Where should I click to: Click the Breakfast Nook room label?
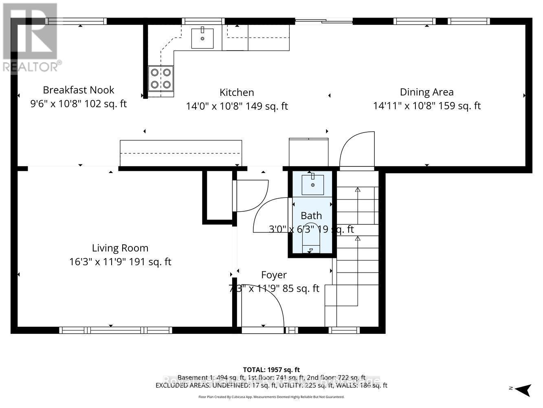click(79, 90)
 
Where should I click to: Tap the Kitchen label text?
click(237, 93)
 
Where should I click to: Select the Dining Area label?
click(426, 92)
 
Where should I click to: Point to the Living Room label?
click(120, 248)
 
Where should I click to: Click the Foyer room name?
click(274, 275)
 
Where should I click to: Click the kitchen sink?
click(202, 38)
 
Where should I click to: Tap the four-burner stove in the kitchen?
click(160, 78)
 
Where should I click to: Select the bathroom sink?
click(312, 185)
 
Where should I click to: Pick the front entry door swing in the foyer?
click(265, 304)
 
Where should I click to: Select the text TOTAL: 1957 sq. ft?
click(271, 370)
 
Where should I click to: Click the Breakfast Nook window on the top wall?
click(76, 21)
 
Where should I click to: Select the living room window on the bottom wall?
click(116, 330)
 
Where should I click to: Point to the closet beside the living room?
click(218, 197)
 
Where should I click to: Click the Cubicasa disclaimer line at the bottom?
click(271, 397)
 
